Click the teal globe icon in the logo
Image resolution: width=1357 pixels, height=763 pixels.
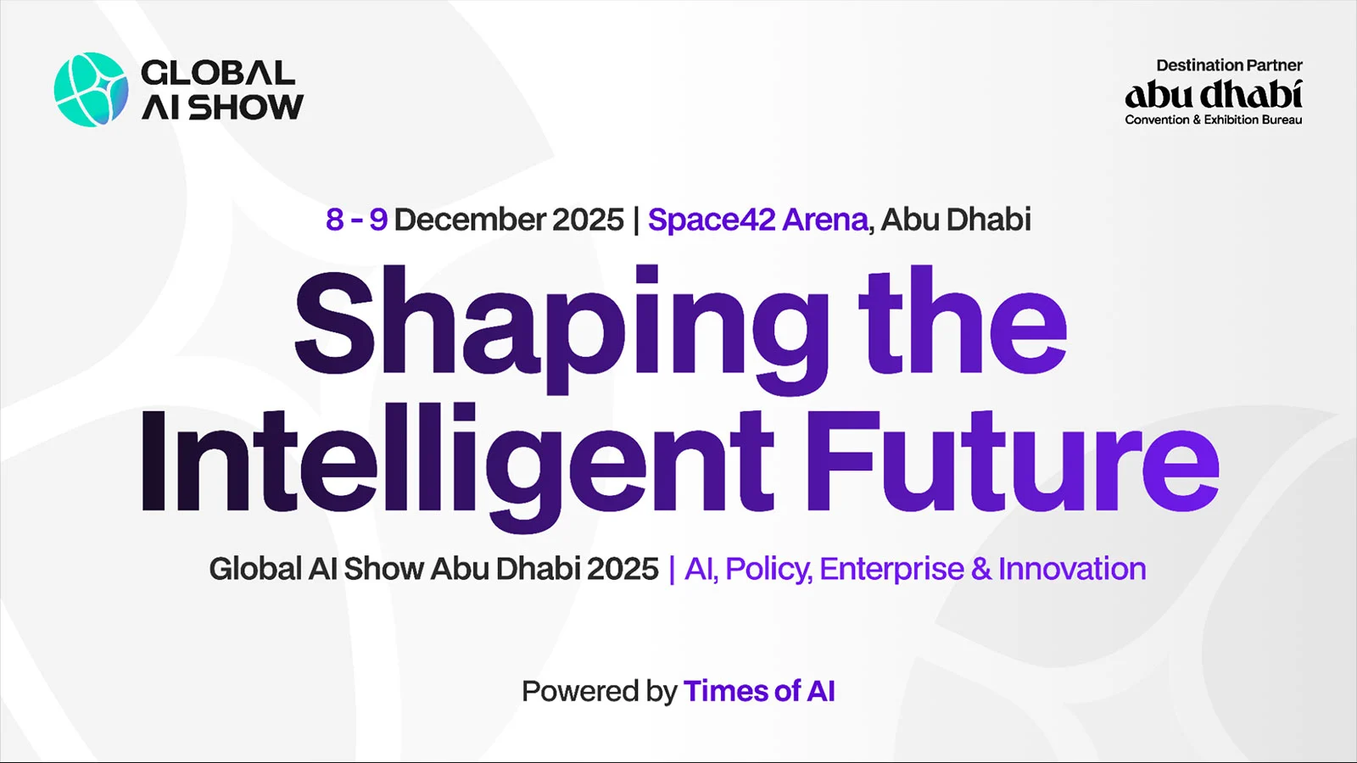(91, 90)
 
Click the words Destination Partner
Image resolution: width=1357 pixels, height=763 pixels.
(1229, 65)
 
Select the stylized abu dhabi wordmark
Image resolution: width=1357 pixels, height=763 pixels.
(1213, 94)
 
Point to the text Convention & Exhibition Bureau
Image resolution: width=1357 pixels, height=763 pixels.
(1213, 120)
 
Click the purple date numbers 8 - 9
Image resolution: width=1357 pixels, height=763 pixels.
(356, 220)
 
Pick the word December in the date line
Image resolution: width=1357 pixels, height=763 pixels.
(470, 220)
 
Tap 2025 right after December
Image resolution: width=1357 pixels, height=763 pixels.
(588, 220)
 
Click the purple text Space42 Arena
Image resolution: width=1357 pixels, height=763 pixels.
(758, 220)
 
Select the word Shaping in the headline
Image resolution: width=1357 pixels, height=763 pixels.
(560, 326)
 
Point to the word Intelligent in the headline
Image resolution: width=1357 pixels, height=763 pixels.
(456, 462)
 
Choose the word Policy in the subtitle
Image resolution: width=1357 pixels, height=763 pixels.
(768, 569)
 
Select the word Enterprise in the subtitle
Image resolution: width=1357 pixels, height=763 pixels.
(891, 569)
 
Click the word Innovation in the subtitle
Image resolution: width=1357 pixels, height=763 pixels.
(1072, 569)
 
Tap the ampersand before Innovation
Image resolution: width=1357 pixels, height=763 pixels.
(981, 569)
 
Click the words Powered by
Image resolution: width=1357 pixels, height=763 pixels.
(599, 692)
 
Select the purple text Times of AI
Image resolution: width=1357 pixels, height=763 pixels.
(759, 692)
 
